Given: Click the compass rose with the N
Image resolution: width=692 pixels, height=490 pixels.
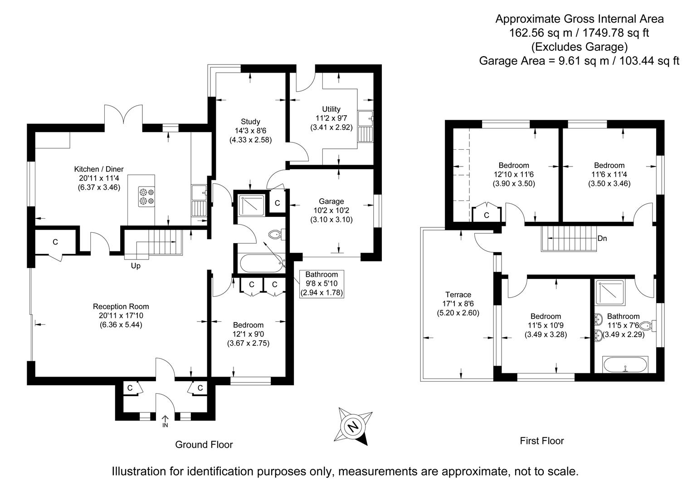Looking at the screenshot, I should [355, 426].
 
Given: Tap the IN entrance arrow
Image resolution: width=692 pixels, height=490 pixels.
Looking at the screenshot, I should [165, 421].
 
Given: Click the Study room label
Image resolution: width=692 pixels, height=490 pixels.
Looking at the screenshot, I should [250, 122].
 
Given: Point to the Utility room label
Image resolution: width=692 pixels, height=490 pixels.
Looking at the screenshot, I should [331, 109].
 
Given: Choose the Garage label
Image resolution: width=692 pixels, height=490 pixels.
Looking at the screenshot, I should [331, 201].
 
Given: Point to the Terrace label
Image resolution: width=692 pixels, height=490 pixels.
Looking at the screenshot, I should [458, 294].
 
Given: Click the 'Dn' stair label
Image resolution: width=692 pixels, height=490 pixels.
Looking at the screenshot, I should [602, 238].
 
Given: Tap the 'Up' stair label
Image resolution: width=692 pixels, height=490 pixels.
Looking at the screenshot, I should [136, 266].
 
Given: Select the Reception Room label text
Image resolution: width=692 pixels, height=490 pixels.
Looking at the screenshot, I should [121, 307].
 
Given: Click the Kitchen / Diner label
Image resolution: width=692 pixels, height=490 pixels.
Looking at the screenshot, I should [99, 169].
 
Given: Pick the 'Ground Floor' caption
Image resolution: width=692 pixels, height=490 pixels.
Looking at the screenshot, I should [204, 445].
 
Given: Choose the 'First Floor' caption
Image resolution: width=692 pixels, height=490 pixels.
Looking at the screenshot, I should [542, 441].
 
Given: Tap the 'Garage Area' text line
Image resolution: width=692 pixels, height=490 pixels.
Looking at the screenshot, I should [579, 61].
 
